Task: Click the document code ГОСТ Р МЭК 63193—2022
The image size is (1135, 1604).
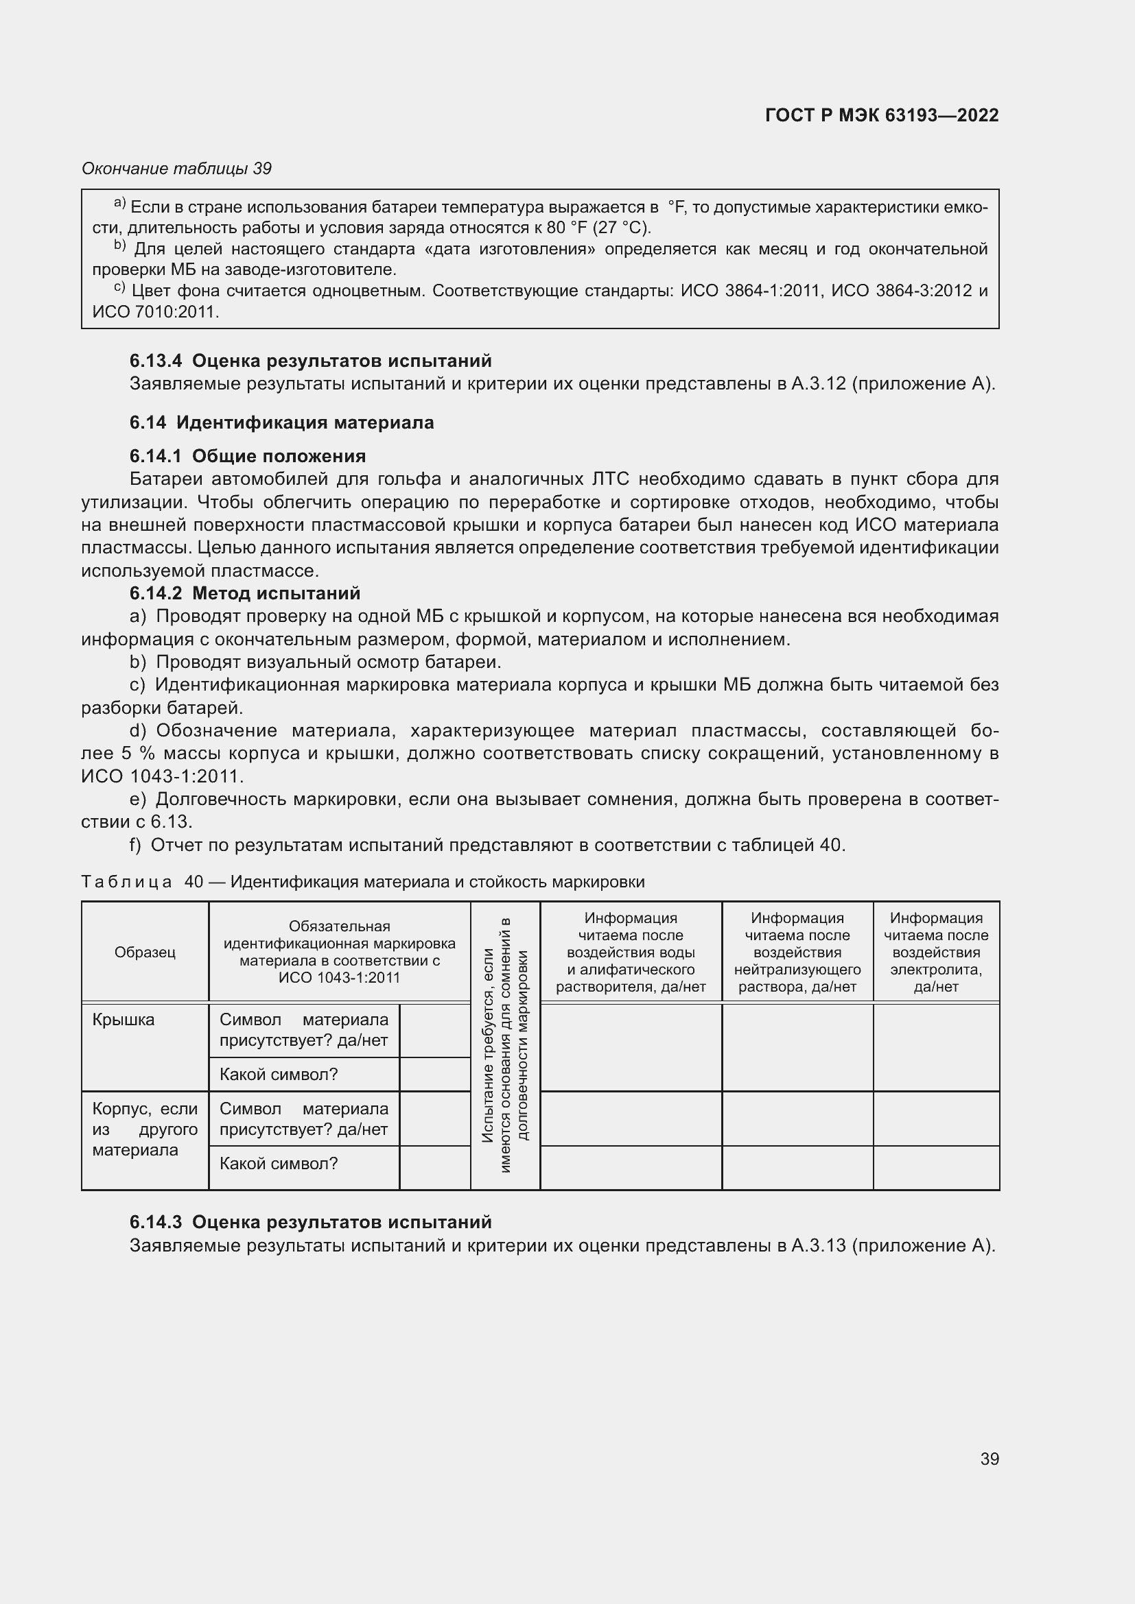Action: (881, 115)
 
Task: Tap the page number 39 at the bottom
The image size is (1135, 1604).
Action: (989, 1459)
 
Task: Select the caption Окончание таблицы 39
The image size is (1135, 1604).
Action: (177, 169)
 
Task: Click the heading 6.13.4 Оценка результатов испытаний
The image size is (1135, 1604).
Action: (310, 361)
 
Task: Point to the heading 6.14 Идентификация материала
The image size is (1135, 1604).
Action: (281, 422)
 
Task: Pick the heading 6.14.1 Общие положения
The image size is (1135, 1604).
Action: (248, 456)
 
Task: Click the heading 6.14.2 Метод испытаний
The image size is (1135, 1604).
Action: (244, 593)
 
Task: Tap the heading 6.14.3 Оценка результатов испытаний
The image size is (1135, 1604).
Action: (310, 1222)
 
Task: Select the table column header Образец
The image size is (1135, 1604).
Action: (145, 953)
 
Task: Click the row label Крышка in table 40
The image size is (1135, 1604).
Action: (124, 1020)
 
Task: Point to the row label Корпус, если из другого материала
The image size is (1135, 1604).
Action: (145, 1129)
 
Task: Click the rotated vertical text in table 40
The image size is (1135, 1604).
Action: (505, 1045)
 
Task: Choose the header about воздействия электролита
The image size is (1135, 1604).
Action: (936, 953)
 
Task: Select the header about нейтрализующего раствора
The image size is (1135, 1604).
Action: (797, 953)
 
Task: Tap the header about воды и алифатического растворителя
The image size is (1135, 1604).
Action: (631, 953)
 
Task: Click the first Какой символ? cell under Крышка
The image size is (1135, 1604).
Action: (278, 1075)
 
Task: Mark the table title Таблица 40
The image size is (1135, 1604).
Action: (364, 883)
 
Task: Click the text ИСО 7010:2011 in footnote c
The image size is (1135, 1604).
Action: (154, 312)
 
